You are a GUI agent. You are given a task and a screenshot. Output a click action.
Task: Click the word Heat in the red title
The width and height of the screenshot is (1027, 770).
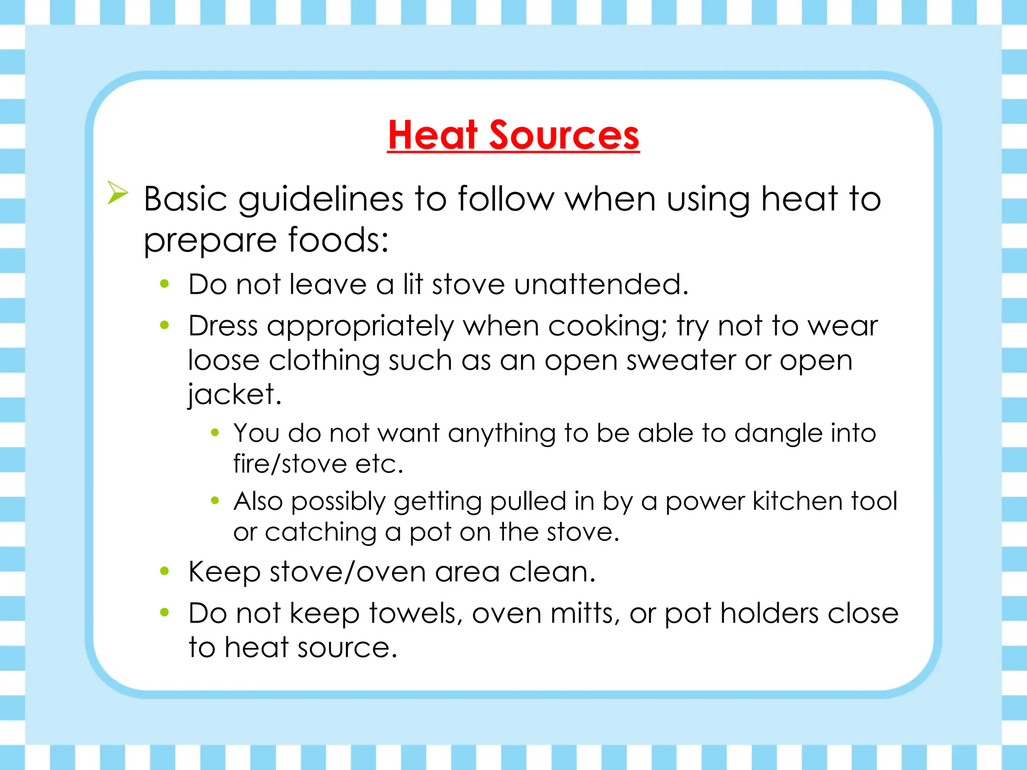point(433,135)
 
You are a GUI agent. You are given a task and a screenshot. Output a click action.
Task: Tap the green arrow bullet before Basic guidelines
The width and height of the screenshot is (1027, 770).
point(118,193)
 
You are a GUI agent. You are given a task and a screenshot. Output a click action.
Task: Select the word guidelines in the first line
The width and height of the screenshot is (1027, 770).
point(320,200)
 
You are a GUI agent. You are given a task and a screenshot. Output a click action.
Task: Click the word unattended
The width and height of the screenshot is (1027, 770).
point(601,284)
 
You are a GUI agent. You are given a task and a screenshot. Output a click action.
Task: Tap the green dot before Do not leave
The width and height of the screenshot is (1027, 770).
point(164,284)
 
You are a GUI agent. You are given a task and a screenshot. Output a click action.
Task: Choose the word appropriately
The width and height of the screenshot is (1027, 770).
point(360,327)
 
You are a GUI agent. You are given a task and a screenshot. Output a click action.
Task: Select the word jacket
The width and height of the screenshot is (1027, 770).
point(234,395)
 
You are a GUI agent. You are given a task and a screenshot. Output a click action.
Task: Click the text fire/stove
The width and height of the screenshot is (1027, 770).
point(290,463)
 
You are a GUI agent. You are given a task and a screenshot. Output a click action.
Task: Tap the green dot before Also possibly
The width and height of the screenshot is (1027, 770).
point(215,500)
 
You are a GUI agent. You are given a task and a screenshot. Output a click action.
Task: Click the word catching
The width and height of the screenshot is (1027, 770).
point(320,532)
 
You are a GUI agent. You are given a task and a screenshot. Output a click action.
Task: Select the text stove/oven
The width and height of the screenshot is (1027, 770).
point(348,571)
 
